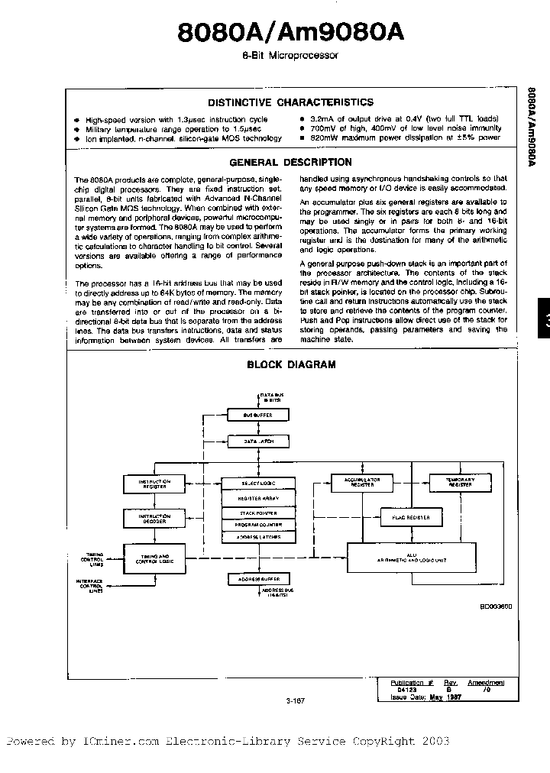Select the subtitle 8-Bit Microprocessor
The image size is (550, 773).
(x=290, y=56)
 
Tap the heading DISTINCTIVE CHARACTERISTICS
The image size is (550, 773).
(x=291, y=102)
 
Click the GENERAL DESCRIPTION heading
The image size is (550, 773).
(x=291, y=162)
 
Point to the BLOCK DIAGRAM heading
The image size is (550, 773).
(x=291, y=364)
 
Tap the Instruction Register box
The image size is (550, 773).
(x=154, y=484)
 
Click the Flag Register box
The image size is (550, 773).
(x=410, y=518)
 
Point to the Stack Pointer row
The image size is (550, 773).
(x=257, y=513)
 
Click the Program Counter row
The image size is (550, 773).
(x=257, y=526)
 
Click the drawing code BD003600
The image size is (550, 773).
(x=496, y=605)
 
